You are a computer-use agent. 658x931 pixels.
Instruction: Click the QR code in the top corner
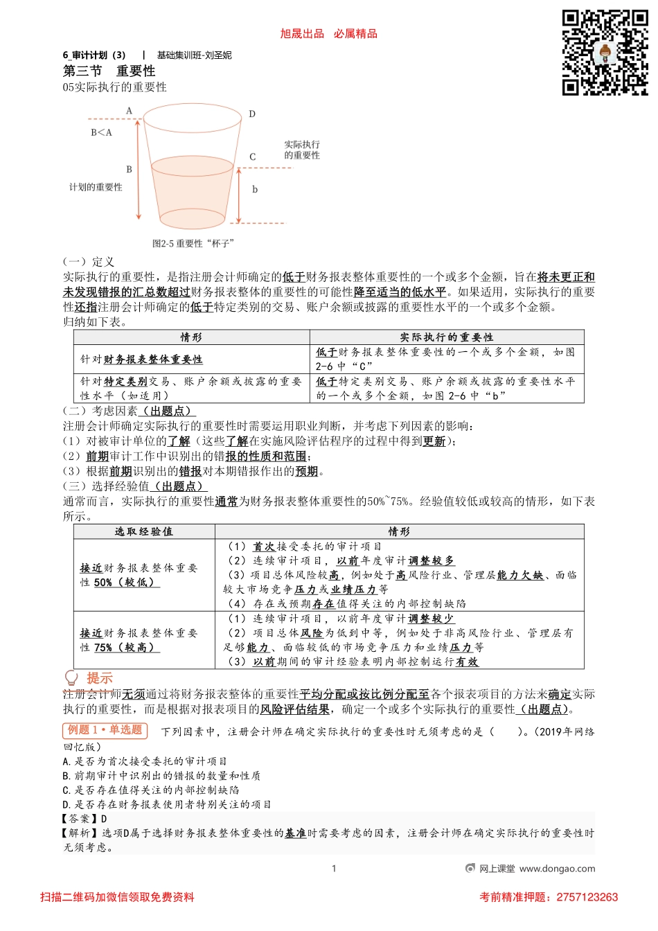[605, 53]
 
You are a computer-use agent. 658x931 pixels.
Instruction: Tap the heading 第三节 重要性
[109, 71]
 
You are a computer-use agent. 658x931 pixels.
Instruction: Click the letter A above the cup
[129, 111]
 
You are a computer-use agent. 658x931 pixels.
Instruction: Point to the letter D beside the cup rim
[252, 114]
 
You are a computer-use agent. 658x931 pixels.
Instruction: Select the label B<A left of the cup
[101, 132]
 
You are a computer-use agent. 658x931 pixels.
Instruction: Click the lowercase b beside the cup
[255, 189]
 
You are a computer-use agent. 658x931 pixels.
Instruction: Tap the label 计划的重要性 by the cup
[96, 187]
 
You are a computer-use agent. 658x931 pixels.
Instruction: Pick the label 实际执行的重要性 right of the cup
[302, 150]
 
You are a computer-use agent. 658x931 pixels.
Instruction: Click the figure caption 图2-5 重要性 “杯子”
[193, 243]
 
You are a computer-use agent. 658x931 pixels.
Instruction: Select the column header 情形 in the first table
[191, 337]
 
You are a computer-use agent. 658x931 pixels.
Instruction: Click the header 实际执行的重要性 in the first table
[446, 337]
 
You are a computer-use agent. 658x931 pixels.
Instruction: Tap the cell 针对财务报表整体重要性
[141, 360]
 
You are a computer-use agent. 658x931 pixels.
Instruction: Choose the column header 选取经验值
[144, 531]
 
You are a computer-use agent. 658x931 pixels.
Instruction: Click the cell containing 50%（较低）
[139, 575]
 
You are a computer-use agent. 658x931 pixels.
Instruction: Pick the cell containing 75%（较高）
[139, 640]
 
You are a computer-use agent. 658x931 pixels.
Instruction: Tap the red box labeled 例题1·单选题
[105, 730]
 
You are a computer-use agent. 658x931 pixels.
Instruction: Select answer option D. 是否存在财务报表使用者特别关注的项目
[167, 804]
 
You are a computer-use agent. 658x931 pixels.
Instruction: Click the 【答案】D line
[85, 819]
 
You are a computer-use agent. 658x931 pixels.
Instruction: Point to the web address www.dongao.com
[557, 869]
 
